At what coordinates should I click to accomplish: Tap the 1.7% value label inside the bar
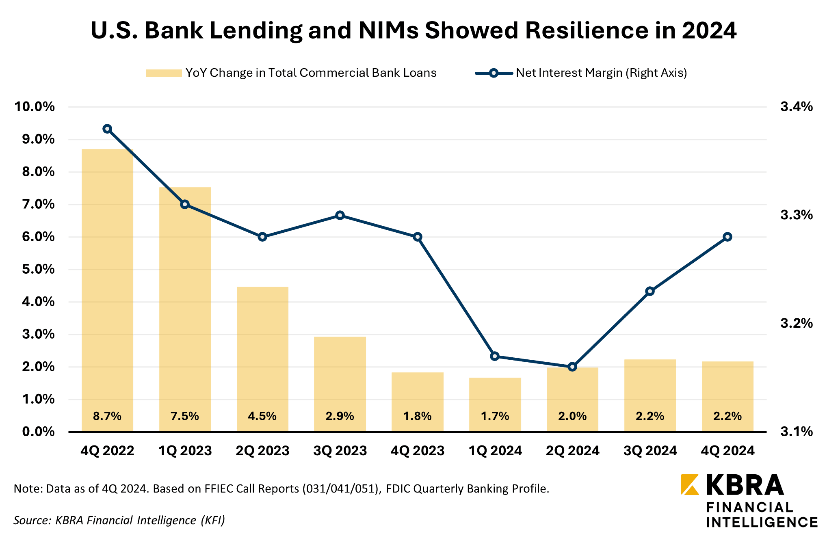495,416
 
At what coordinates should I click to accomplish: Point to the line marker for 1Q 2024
495,356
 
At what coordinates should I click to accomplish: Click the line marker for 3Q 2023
340,215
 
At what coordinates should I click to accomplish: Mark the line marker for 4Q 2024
727,237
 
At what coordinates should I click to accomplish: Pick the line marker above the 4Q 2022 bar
107,129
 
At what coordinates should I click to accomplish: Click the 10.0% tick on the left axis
35,107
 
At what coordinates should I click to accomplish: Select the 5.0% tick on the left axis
38,269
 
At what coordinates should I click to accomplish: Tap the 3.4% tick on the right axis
797,107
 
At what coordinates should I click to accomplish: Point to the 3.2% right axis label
797,323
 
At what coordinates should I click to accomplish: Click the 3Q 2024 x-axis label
650,451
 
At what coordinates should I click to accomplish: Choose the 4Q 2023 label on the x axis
418,451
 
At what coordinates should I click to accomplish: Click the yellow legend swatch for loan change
164,73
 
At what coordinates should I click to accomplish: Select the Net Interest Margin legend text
601,73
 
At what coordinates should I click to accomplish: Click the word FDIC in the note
401,488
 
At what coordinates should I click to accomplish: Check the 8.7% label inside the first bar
107,416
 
